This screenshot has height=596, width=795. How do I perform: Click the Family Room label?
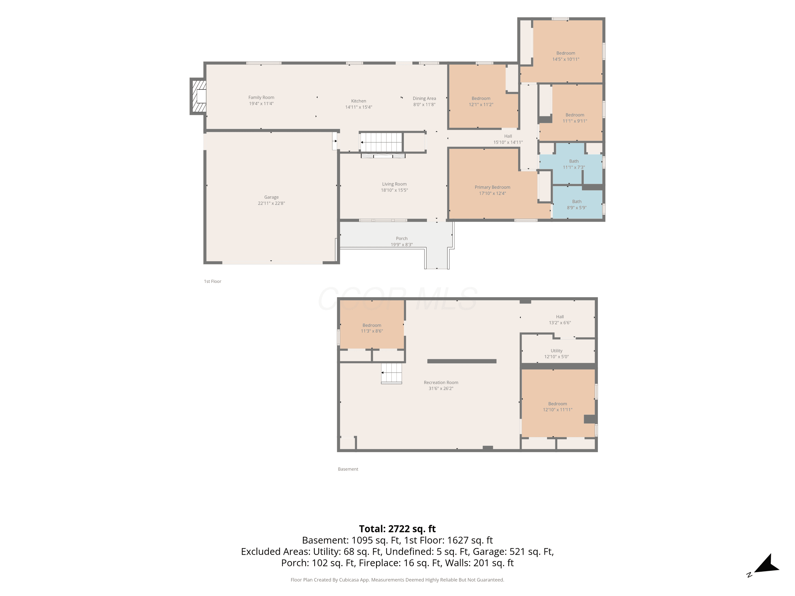tap(261, 97)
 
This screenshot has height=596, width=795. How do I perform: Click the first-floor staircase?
tap(381, 142)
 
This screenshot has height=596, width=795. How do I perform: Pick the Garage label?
tap(271, 197)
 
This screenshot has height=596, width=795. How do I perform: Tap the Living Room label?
tap(394, 184)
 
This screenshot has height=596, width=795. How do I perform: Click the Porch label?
tap(401, 239)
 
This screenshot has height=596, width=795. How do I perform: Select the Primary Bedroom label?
tap(492, 187)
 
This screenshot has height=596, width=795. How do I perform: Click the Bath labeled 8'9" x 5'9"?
tap(577, 202)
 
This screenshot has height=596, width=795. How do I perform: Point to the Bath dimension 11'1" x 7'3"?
tap(574, 167)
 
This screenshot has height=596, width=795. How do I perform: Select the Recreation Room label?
tap(441, 382)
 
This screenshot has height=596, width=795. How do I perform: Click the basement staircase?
tap(391, 373)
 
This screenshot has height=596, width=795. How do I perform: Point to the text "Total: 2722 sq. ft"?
tap(397, 529)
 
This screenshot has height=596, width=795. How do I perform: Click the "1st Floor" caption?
tap(213, 281)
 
